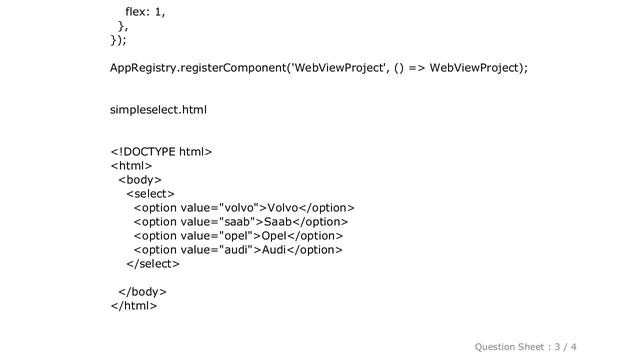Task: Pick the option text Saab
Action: (280, 221)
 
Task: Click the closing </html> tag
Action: (134, 305)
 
